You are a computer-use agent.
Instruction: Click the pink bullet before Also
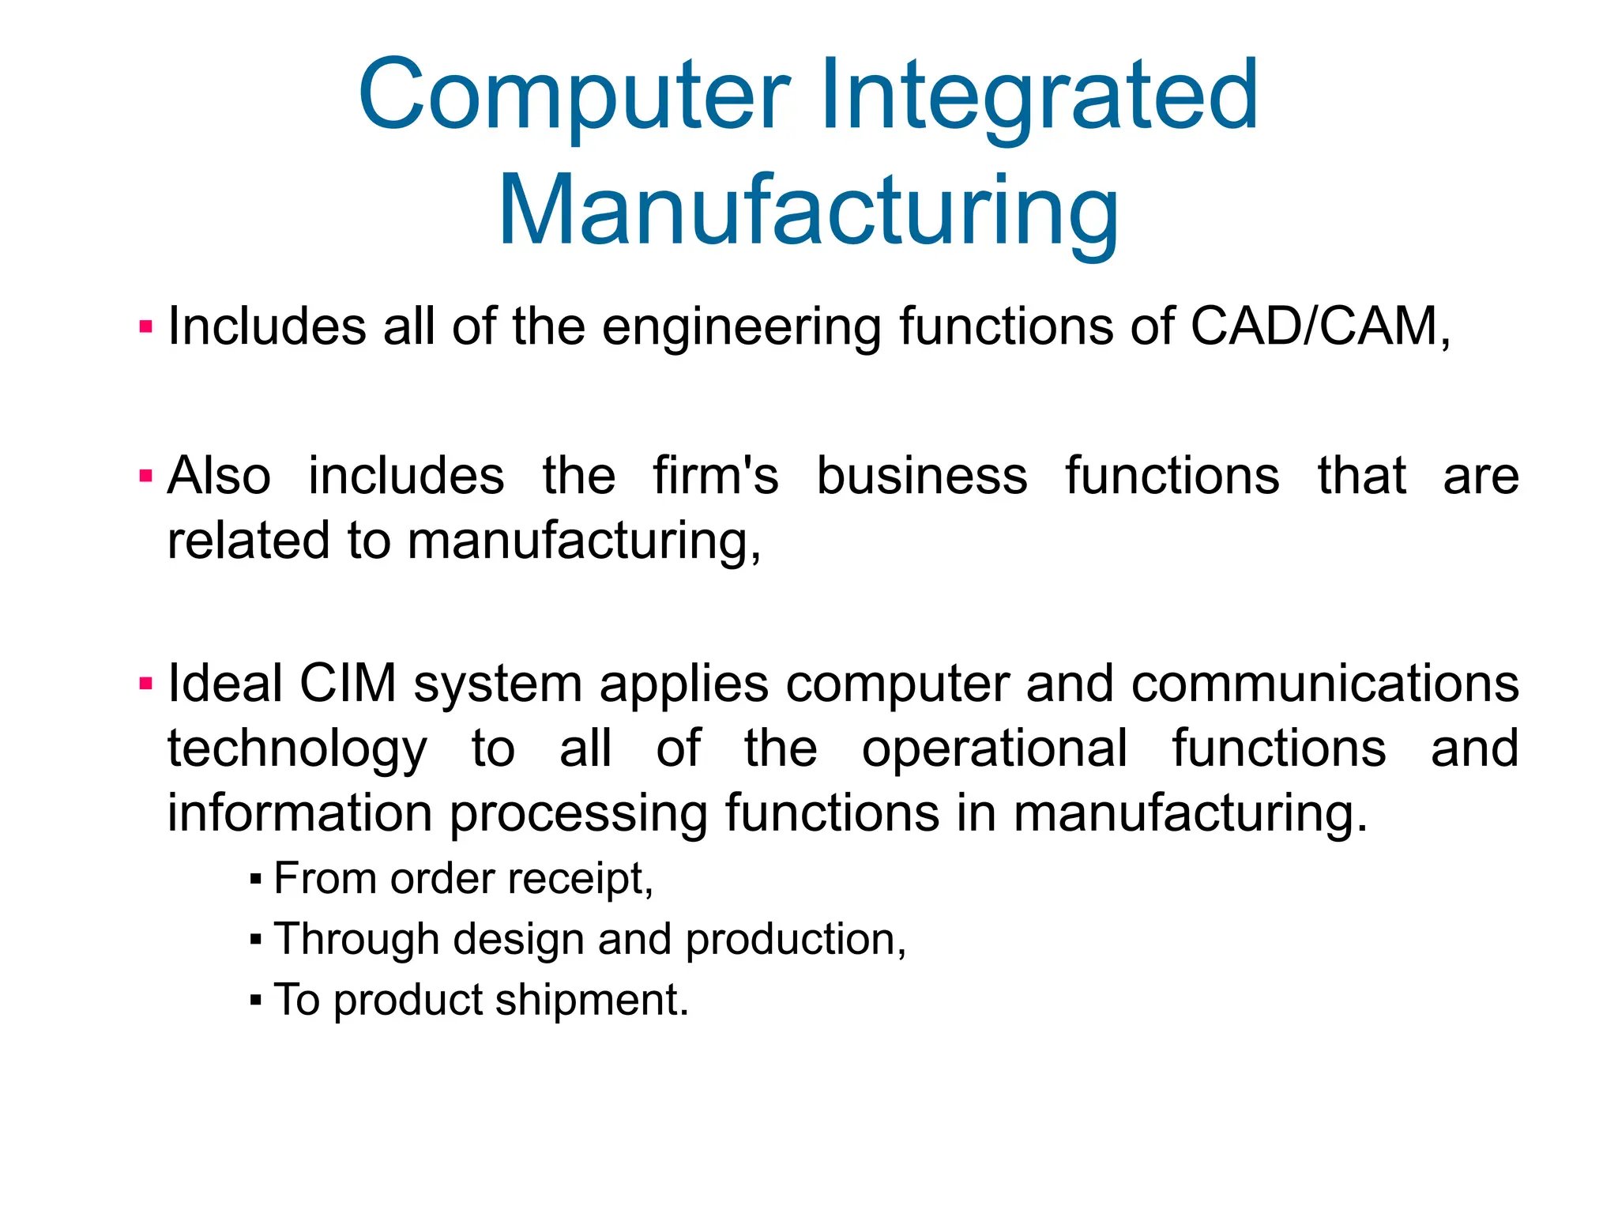pyautogui.click(x=145, y=476)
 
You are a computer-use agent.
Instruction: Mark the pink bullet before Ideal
pyautogui.click(x=145, y=684)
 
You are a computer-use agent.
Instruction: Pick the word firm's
pyautogui.click(x=715, y=476)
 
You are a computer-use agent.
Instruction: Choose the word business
pyautogui.click(x=921, y=476)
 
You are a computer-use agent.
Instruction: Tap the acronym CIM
pyautogui.click(x=348, y=684)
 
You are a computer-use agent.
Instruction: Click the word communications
pyautogui.click(x=1324, y=684)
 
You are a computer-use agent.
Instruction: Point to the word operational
pyautogui.click(x=994, y=749)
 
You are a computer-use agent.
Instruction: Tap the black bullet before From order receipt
pyautogui.click(x=254, y=879)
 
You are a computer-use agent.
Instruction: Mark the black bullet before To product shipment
pyautogui.click(x=254, y=1001)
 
